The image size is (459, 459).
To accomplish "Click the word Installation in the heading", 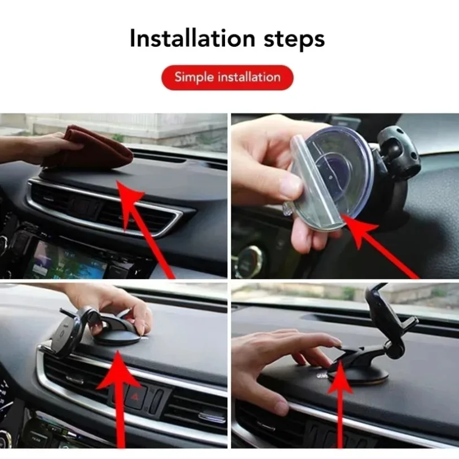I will (x=185, y=39).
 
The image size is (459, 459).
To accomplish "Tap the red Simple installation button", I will (x=227, y=77).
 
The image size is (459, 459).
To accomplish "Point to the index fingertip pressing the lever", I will (x=337, y=342).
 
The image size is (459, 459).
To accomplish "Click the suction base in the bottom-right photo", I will (x=367, y=375).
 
